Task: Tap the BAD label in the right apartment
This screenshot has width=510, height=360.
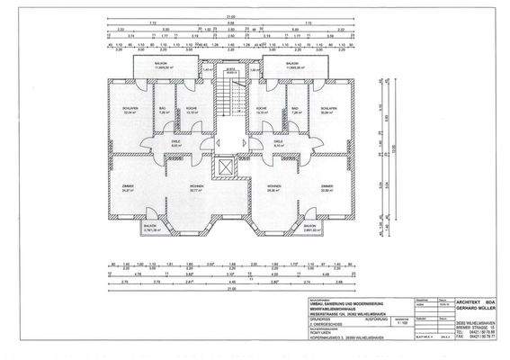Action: [294, 108]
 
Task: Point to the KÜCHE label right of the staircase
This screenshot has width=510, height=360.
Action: [261, 108]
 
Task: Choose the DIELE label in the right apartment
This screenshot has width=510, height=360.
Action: [278, 142]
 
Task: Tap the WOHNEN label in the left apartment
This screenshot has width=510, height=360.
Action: [194, 185]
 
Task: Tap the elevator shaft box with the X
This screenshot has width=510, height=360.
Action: [221, 168]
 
